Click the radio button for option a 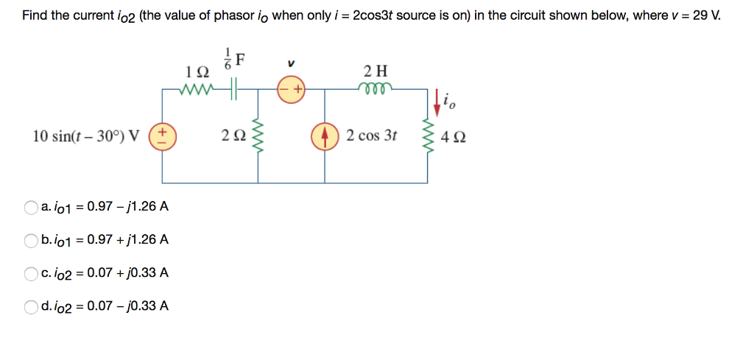(x=31, y=207)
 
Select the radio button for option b (x=31, y=240)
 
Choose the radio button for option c (x=31, y=273)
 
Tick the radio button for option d (x=31, y=306)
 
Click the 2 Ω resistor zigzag (x=258, y=135)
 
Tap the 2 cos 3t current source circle (x=325, y=136)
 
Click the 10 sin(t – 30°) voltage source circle (x=162, y=136)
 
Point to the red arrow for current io (x=440, y=102)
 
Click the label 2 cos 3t (x=372, y=136)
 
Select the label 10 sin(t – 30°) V (x=87, y=136)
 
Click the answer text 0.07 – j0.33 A (x=128, y=306)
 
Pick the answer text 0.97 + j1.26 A (x=128, y=240)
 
